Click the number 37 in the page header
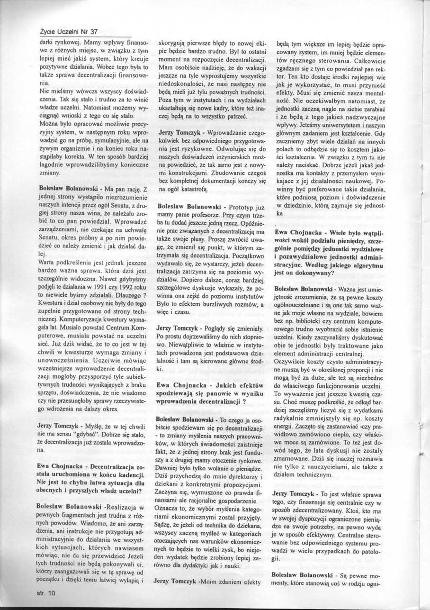(93, 31)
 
